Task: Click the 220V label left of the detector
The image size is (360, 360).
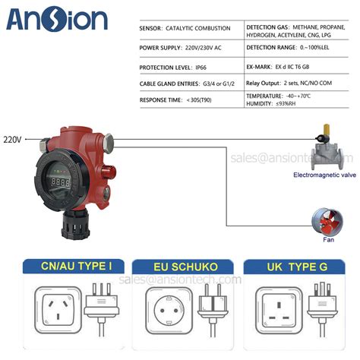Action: [12, 140]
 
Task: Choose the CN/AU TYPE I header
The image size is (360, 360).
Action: [67, 267]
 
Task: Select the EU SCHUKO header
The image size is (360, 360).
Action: [179, 267]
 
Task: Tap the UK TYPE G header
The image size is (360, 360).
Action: [291, 267]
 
